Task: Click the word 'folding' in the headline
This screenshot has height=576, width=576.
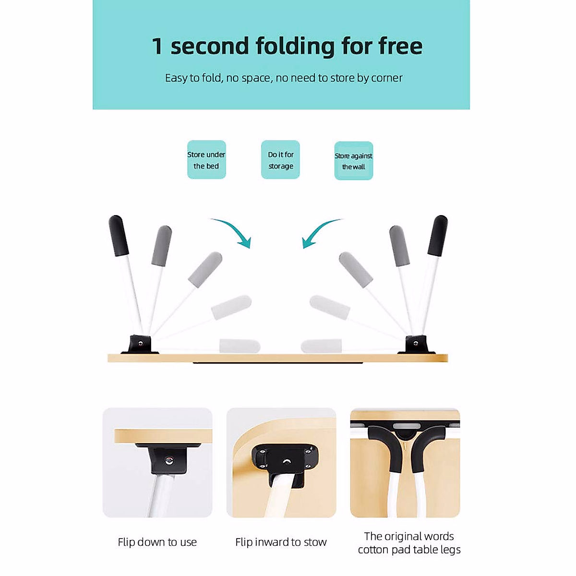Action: (x=295, y=47)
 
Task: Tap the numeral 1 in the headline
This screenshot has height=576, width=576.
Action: (x=157, y=47)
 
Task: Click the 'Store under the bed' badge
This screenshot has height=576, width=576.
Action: (x=206, y=160)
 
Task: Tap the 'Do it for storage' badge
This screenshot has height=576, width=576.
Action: (x=280, y=160)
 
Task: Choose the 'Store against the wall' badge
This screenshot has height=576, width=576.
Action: (x=353, y=161)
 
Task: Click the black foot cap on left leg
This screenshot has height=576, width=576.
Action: (x=119, y=236)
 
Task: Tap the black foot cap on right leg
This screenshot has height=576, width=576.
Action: (x=437, y=236)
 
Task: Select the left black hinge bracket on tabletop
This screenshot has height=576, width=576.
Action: (x=140, y=345)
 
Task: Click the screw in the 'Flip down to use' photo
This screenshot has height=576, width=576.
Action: (x=168, y=461)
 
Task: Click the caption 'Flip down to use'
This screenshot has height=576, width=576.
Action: (x=157, y=542)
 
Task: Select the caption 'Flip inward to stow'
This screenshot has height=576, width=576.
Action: (x=281, y=542)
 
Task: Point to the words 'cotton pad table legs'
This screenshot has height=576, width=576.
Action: (x=409, y=550)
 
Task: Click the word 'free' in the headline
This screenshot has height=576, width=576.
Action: (x=400, y=47)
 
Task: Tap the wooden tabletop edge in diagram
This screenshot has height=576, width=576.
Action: (x=277, y=358)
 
